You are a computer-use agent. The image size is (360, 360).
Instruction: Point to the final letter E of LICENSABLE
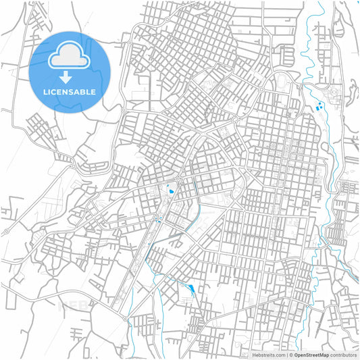pyautogui.click(x=93, y=92)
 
